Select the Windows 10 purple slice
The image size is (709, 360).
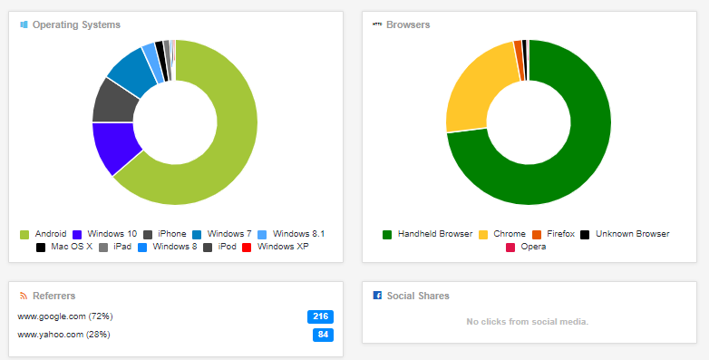[x=114, y=146]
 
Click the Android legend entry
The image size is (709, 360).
[x=44, y=234]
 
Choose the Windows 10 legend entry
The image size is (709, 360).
[x=104, y=234]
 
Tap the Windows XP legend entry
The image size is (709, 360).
[x=276, y=247]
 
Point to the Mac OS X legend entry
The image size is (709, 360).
[x=64, y=247]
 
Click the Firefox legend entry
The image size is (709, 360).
[x=554, y=234]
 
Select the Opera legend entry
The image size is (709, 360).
[x=526, y=247]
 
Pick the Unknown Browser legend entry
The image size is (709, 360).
[x=625, y=234]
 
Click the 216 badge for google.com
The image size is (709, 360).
[x=321, y=316]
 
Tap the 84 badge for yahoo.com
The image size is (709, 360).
[x=324, y=335]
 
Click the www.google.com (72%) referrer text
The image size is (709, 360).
[x=65, y=316]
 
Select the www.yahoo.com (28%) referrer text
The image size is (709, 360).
[x=63, y=335]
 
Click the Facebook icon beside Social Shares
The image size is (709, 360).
[x=377, y=296]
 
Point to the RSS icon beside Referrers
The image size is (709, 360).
[x=24, y=296]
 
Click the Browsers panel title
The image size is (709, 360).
[x=408, y=24]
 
